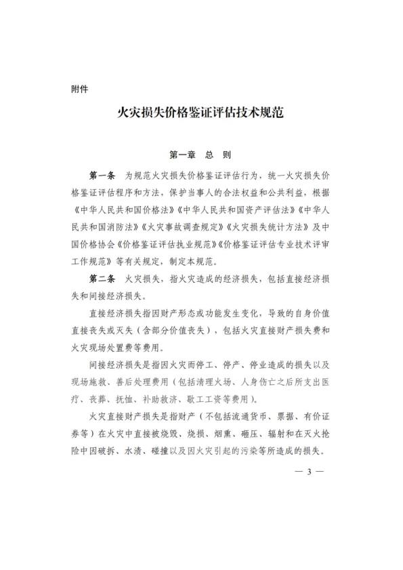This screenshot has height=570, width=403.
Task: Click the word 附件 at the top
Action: pos(80,88)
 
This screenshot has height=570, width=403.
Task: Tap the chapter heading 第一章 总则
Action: pos(200,155)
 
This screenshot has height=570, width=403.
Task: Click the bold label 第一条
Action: pos(103,176)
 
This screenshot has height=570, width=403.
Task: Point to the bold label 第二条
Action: pos(103,279)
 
